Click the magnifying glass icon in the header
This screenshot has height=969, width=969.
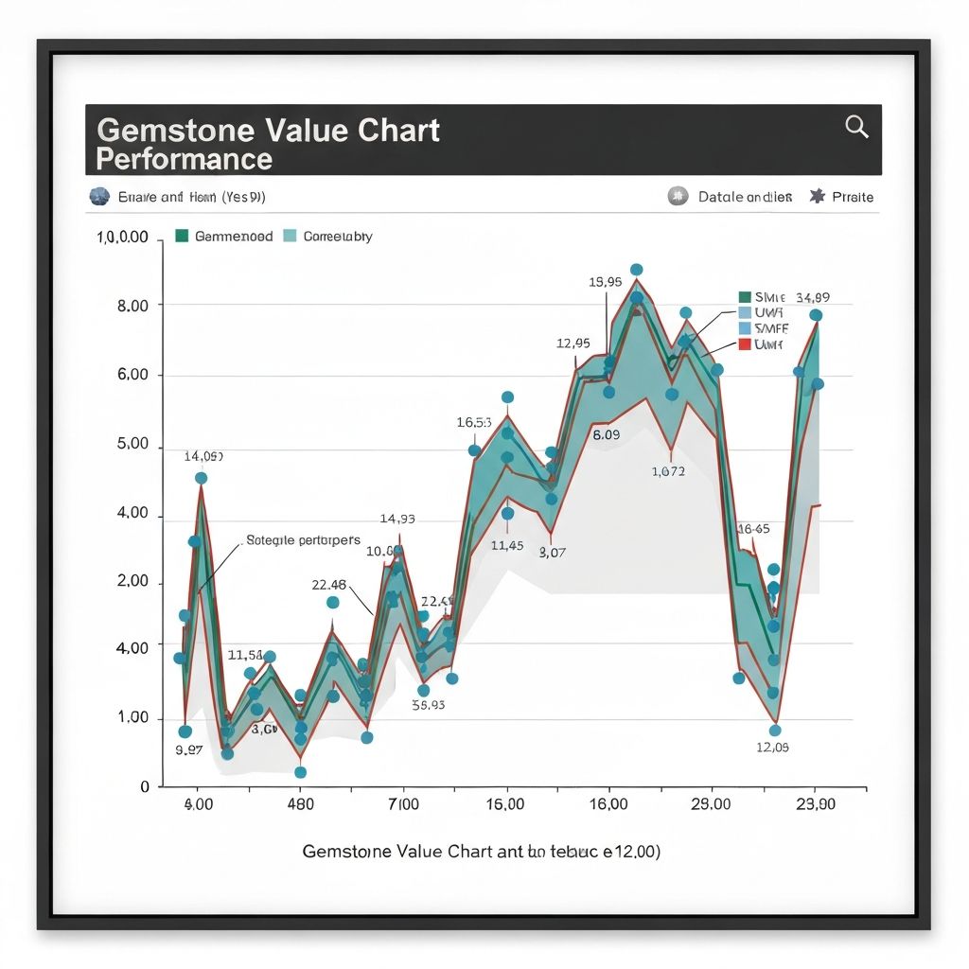pyautogui.click(x=856, y=127)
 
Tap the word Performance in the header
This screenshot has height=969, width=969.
pyautogui.click(x=184, y=158)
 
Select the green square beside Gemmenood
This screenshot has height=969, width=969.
pyautogui.click(x=183, y=236)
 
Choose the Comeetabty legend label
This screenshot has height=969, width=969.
pyautogui.click(x=338, y=237)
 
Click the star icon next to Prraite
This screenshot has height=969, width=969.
pyautogui.click(x=818, y=197)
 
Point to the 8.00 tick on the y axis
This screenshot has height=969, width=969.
pyautogui.click(x=132, y=306)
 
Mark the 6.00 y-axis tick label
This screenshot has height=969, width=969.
pyautogui.click(x=132, y=375)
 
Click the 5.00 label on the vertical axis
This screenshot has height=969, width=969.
pyautogui.click(x=132, y=444)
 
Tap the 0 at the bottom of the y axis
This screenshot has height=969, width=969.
pyautogui.click(x=145, y=786)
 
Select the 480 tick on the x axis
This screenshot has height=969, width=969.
pyautogui.click(x=300, y=804)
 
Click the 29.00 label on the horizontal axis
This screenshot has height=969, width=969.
pyautogui.click(x=711, y=804)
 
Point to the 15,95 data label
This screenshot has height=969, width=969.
pyautogui.click(x=605, y=281)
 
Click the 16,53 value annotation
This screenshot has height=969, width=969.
pyautogui.click(x=473, y=422)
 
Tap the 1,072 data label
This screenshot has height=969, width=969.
pyautogui.click(x=668, y=470)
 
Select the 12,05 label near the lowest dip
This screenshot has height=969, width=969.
pyautogui.click(x=773, y=747)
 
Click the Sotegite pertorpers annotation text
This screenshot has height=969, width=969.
pyautogui.click(x=303, y=540)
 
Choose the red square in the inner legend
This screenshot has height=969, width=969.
pyautogui.click(x=744, y=344)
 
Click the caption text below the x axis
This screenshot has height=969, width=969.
pyautogui.click(x=481, y=851)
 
